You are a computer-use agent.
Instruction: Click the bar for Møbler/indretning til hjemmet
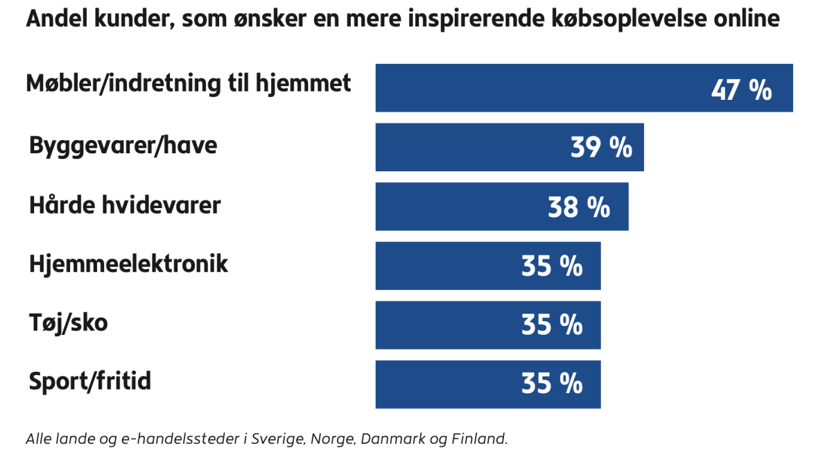(541, 88)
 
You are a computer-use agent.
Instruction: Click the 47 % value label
(741, 90)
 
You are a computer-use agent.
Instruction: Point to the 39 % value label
(601, 148)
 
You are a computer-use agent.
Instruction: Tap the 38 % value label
(579, 207)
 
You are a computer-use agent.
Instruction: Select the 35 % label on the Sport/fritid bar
(552, 383)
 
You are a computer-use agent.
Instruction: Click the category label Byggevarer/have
(123, 146)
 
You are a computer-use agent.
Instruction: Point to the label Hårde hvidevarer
(125, 205)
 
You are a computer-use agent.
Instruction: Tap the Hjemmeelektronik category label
(128, 264)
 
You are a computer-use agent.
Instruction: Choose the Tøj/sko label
(68, 323)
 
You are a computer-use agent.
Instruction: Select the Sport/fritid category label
(90, 382)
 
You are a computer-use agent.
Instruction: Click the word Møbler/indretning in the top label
(123, 84)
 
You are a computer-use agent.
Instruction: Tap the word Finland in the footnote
(480, 439)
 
